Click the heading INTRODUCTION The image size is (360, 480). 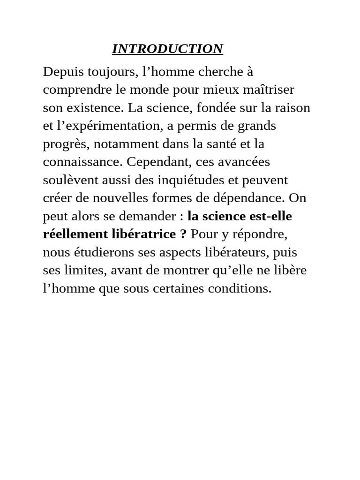click(167, 49)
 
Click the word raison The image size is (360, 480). click(292, 108)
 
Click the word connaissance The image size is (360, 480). click(82, 162)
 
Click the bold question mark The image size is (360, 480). click(183, 234)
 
